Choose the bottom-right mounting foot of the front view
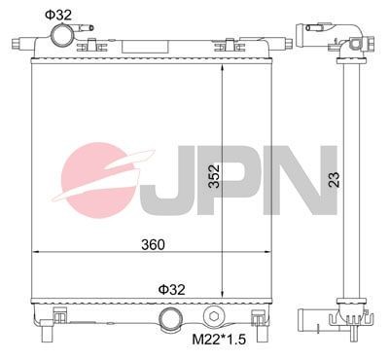click(259, 318)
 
